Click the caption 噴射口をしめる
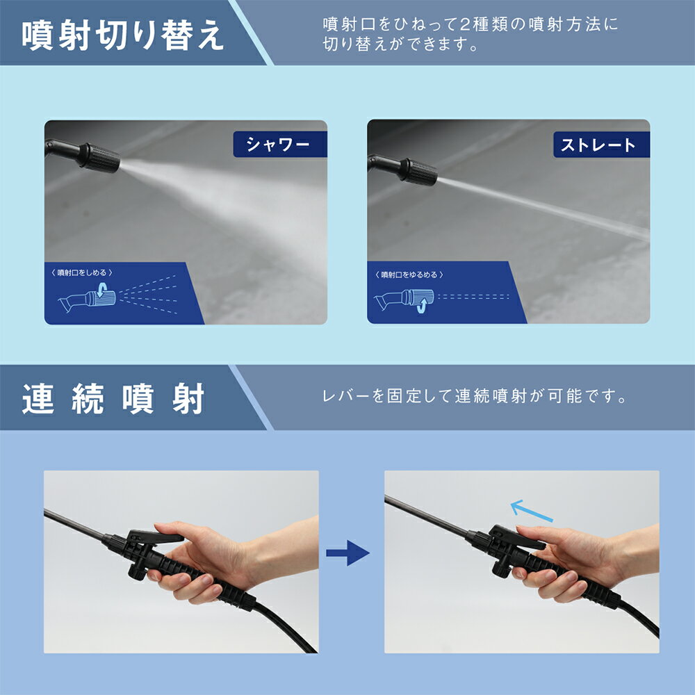coord(84,273)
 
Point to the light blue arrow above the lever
coord(532,511)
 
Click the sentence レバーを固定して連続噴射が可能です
coord(475,398)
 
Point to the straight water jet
coord(542,205)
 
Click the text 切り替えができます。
coord(400,46)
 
